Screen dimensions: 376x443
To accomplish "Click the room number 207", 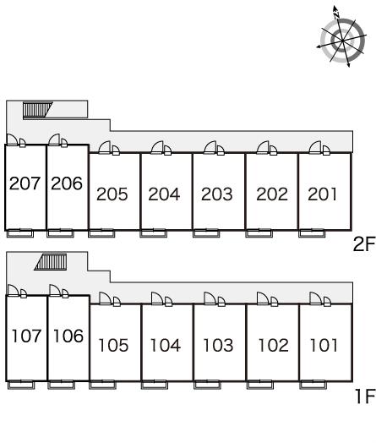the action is [25, 183].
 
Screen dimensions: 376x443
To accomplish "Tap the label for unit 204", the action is [164, 194].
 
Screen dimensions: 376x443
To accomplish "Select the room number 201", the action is [323, 194].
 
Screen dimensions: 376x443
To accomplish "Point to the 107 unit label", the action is [26, 336].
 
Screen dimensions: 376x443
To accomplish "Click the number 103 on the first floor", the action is [218, 345].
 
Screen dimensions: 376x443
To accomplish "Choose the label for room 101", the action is [324, 345].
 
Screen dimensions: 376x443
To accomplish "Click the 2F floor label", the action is [364, 244].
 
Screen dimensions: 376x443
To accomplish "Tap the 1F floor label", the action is [365, 397].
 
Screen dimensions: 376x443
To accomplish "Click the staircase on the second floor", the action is [37, 111].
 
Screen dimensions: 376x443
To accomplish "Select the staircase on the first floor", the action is [51, 262].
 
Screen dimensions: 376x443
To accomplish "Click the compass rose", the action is [342, 40].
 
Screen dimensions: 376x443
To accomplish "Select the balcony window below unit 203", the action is [206, 233].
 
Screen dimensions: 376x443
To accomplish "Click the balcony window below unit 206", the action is [60, 233].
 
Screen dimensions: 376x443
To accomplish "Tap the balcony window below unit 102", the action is [260, 385].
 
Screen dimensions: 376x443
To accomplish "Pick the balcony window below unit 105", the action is [102, 385].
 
